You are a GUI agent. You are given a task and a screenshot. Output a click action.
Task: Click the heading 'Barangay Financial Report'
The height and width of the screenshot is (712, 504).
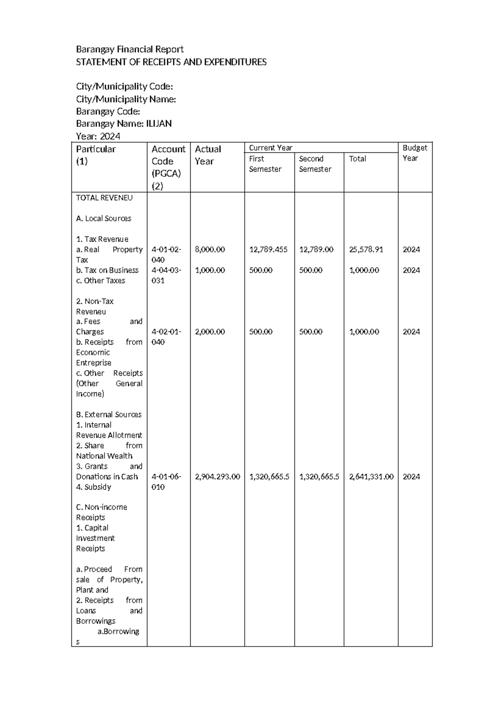(129, 50)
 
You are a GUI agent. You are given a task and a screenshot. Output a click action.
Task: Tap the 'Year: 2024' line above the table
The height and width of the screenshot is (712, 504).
(98, 136)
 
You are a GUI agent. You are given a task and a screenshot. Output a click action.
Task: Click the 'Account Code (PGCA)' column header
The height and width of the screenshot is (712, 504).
(168, 167)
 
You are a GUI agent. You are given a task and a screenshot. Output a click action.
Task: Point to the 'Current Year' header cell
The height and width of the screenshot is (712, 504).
(270, 148)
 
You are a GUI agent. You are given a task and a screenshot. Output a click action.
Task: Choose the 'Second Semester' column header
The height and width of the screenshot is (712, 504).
(315, 164)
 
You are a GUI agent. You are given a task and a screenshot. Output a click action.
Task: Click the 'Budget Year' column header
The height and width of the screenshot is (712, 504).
(415, 153)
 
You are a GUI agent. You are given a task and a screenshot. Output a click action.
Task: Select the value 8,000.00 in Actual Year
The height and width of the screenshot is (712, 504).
(210, 250)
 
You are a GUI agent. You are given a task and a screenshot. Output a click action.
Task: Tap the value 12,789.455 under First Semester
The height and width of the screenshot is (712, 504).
(268, 250)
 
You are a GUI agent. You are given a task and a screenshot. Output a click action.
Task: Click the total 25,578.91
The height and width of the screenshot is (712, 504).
(366, 250)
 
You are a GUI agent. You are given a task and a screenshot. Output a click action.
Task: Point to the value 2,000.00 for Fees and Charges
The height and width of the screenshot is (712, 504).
(210, 332)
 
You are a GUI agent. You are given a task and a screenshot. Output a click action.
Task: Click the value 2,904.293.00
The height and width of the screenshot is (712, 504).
(217, 477)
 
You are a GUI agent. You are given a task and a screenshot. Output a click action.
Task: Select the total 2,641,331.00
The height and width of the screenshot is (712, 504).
(371, 477)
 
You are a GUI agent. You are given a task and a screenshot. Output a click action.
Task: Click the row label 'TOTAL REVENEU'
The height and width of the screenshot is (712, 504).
(104, 198)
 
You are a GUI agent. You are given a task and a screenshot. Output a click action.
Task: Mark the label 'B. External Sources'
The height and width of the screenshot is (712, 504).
(109, 415)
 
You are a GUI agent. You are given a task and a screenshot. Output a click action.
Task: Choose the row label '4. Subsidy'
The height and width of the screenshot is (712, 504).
(93, 487)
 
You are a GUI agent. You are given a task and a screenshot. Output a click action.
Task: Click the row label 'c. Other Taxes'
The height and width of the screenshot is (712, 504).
(100, 281)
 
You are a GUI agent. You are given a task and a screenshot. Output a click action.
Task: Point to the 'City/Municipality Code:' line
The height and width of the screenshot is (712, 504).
(124, 87)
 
